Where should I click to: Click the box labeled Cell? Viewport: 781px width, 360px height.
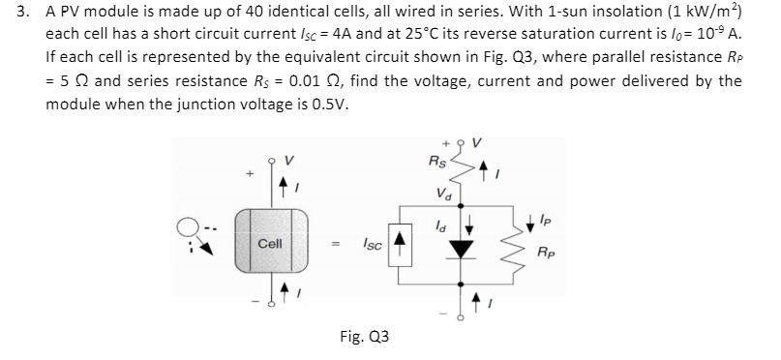270,243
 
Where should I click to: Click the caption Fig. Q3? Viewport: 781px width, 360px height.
365,337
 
